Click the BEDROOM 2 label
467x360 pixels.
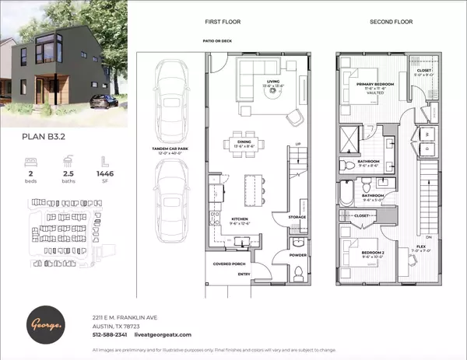(x=365, y=253)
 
